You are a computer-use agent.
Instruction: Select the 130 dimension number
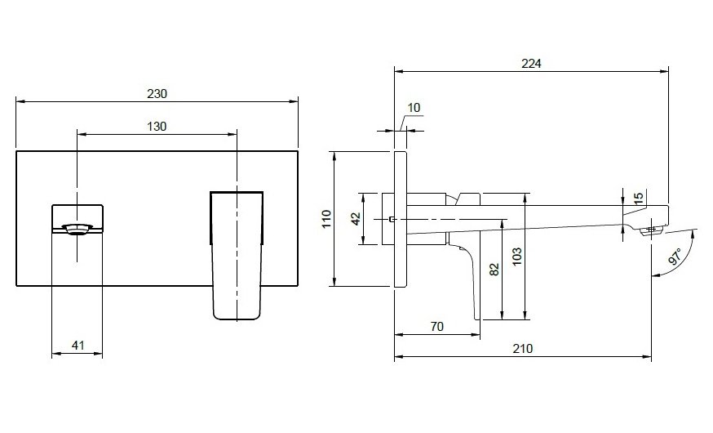[x=157, y=126]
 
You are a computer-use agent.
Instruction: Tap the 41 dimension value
[x=78, y=346]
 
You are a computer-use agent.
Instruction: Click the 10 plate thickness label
[x=414, y=108]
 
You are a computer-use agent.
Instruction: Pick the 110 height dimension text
[x=326, y=218]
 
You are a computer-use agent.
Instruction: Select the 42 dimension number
[x=356, y=218]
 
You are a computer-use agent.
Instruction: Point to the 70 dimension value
[x=436, y=327]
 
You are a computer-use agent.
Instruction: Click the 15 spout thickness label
[x=639, y=197]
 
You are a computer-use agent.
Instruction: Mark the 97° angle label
[x=676, y=255]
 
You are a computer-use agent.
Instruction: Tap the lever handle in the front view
[x=237, y=253]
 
